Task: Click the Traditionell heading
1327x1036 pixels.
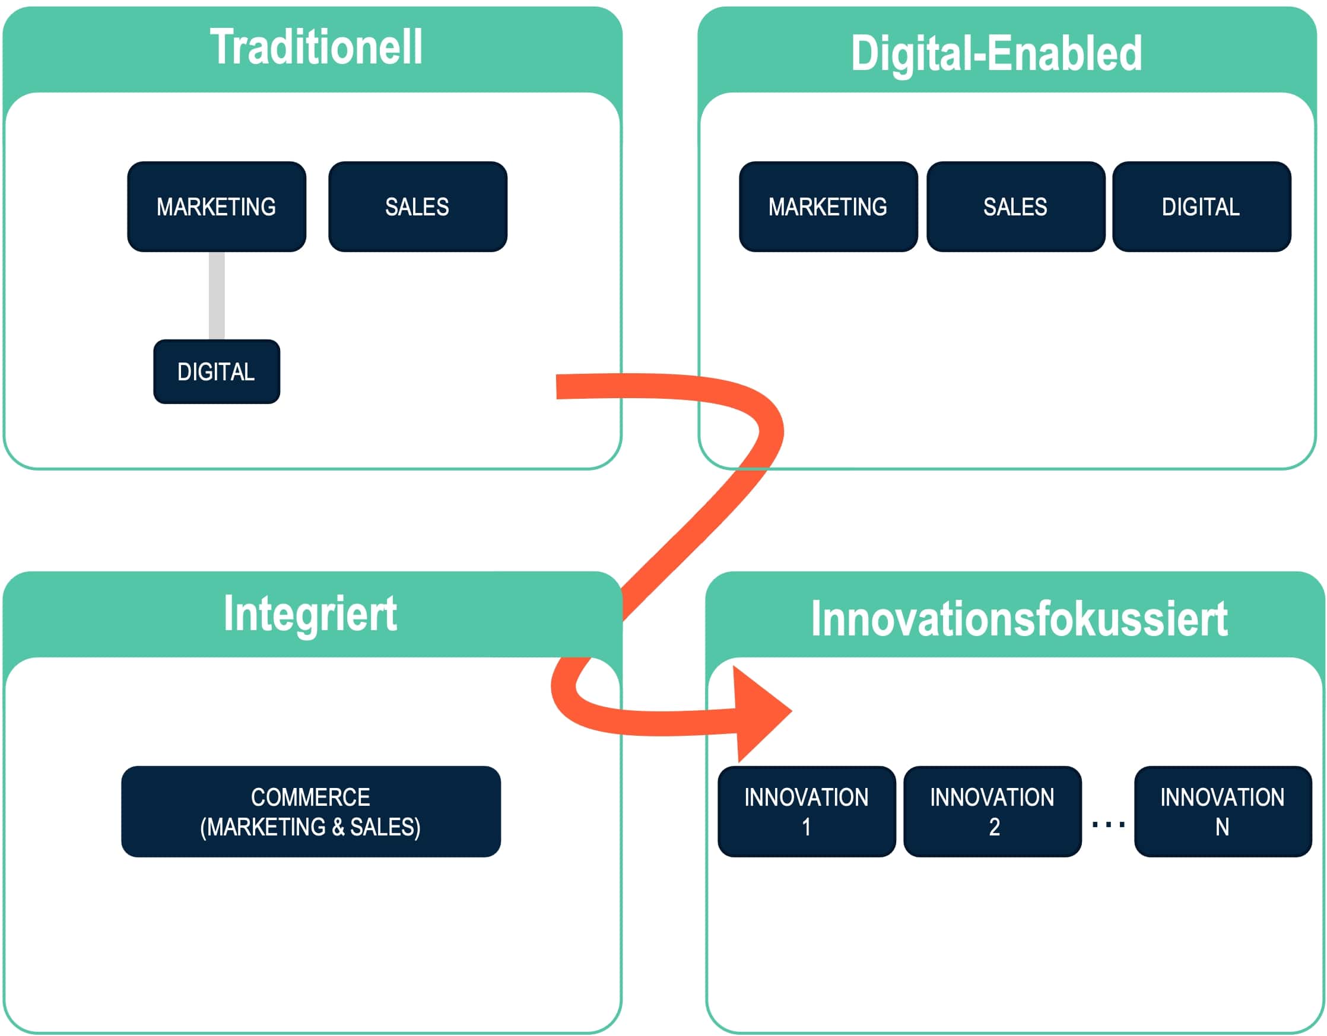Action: [x=316, y=47]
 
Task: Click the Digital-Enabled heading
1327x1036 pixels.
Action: [x=996, y=53]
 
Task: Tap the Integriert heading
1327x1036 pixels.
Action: [x=310, y=614]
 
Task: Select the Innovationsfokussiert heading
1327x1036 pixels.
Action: [x=1020, y=618]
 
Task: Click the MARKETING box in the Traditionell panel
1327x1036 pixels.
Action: [x=216, y=206]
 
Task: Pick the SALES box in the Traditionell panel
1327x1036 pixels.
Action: [x=417, y=206]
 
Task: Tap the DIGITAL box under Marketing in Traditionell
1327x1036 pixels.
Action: [x=216, y=371]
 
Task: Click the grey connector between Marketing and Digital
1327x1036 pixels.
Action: [x=216, y=295]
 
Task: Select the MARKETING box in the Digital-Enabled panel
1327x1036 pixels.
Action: [x=827, y=206]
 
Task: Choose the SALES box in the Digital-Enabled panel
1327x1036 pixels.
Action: [x=1015, y=206]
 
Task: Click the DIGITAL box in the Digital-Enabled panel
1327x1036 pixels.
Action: [x=1201, y=206]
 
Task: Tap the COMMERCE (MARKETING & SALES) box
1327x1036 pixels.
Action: [x=310, y=812]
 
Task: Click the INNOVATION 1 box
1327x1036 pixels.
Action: [x=807, y=812]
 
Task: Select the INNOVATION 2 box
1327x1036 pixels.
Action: [x=992, y=812]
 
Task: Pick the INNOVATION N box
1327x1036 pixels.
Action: [x=1223, y=812]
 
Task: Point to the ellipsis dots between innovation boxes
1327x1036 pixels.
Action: [x=1108, y=825]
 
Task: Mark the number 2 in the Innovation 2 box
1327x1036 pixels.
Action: [x=994, y=827]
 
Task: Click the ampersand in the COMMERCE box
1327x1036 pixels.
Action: [x=338, y=827]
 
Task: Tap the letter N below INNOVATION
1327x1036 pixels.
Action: [x=1223, y=827]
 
